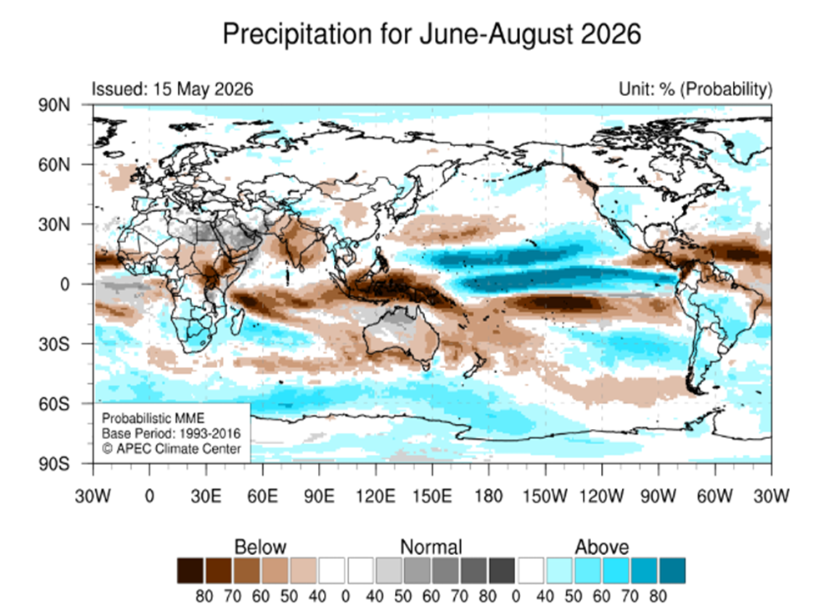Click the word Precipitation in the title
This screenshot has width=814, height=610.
coord(298,34)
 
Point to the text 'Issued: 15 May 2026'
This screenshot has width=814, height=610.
coord(172,89)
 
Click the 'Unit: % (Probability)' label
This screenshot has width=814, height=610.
coord(695,89)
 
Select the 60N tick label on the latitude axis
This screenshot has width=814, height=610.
coord(54,165)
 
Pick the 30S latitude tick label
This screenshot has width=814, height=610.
coord(54,344)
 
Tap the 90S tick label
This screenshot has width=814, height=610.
coord(54,464)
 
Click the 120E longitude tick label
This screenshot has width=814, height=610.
coord(376,496)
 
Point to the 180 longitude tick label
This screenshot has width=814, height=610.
coord(488,496)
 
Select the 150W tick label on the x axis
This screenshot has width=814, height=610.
coord(545,496)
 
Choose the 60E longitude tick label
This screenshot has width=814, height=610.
coord(262,496)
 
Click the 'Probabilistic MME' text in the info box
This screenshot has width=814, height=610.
coord(153,418)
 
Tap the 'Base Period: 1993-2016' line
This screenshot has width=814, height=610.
coord(171,433)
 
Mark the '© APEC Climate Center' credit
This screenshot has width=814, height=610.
coord(171,448)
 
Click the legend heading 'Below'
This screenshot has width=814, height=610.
coord(260,547)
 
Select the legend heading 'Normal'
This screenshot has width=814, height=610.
coord(431,547)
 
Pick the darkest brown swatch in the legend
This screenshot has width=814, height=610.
coord(190,571)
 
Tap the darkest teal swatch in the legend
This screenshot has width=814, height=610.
coord(672,571)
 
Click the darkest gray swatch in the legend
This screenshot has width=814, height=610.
coord(502,571)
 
